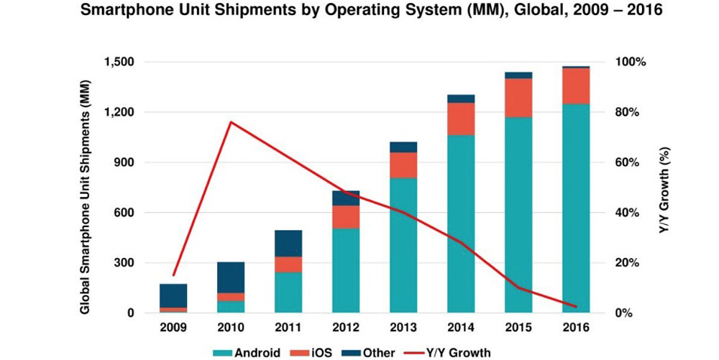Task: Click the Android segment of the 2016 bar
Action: click(x=576, y=208)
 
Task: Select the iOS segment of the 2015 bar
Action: click(x=518, y=98)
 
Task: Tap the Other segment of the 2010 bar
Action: click(x=231, y=277)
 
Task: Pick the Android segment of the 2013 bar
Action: click(x=403, y=245)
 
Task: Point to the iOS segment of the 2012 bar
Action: click(x=345, y=216)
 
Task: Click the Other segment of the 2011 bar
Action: click(x=288, y=243)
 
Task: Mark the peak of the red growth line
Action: click(x=231, y=122)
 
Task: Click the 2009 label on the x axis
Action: click(x=173, y=328)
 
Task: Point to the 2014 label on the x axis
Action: click(x=460, y=328)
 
